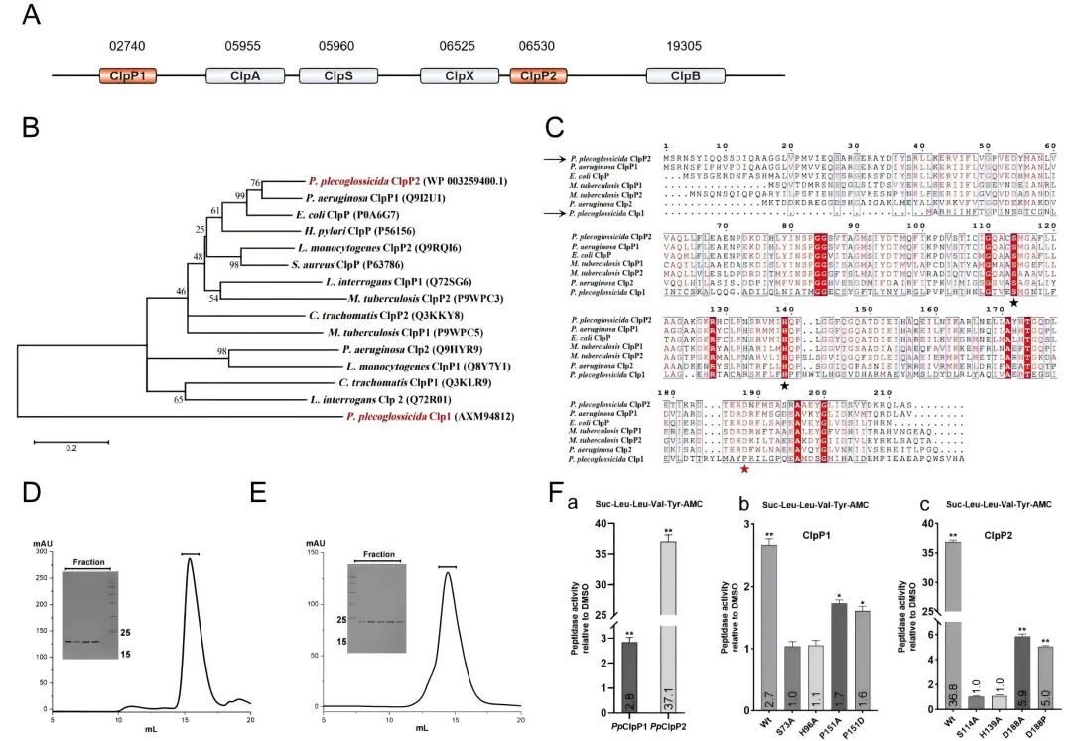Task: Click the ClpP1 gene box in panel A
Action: (127, 75)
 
